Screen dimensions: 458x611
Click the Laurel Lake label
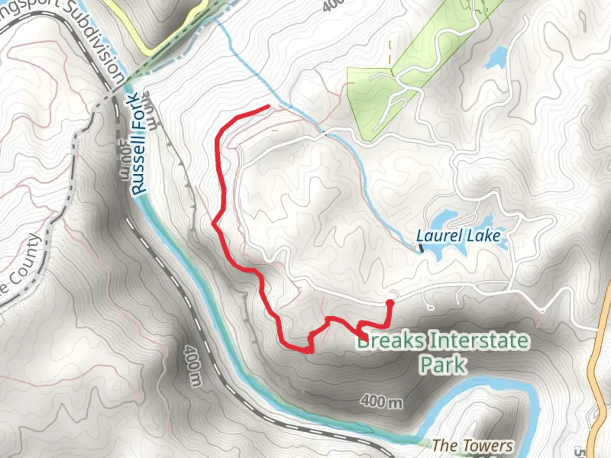tap(458, 236)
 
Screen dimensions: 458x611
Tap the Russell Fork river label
tap(139, 144)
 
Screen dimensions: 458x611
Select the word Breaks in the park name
tap(390, 341)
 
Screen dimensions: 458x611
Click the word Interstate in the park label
tap(479, 341)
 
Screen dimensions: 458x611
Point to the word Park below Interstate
tap(443, 364)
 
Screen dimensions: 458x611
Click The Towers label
tap(472, 445)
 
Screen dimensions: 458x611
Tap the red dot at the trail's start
tap(390, 303)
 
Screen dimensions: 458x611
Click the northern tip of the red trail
tap(268, 106)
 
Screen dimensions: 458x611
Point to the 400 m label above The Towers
tap(382, 401)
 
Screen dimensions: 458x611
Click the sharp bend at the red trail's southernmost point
tap(310, 351)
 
